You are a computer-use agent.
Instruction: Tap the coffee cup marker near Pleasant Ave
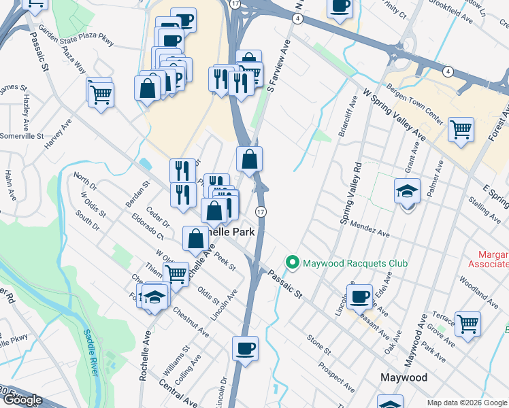coord(359,296)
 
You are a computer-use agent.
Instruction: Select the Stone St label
coord(318,345)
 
